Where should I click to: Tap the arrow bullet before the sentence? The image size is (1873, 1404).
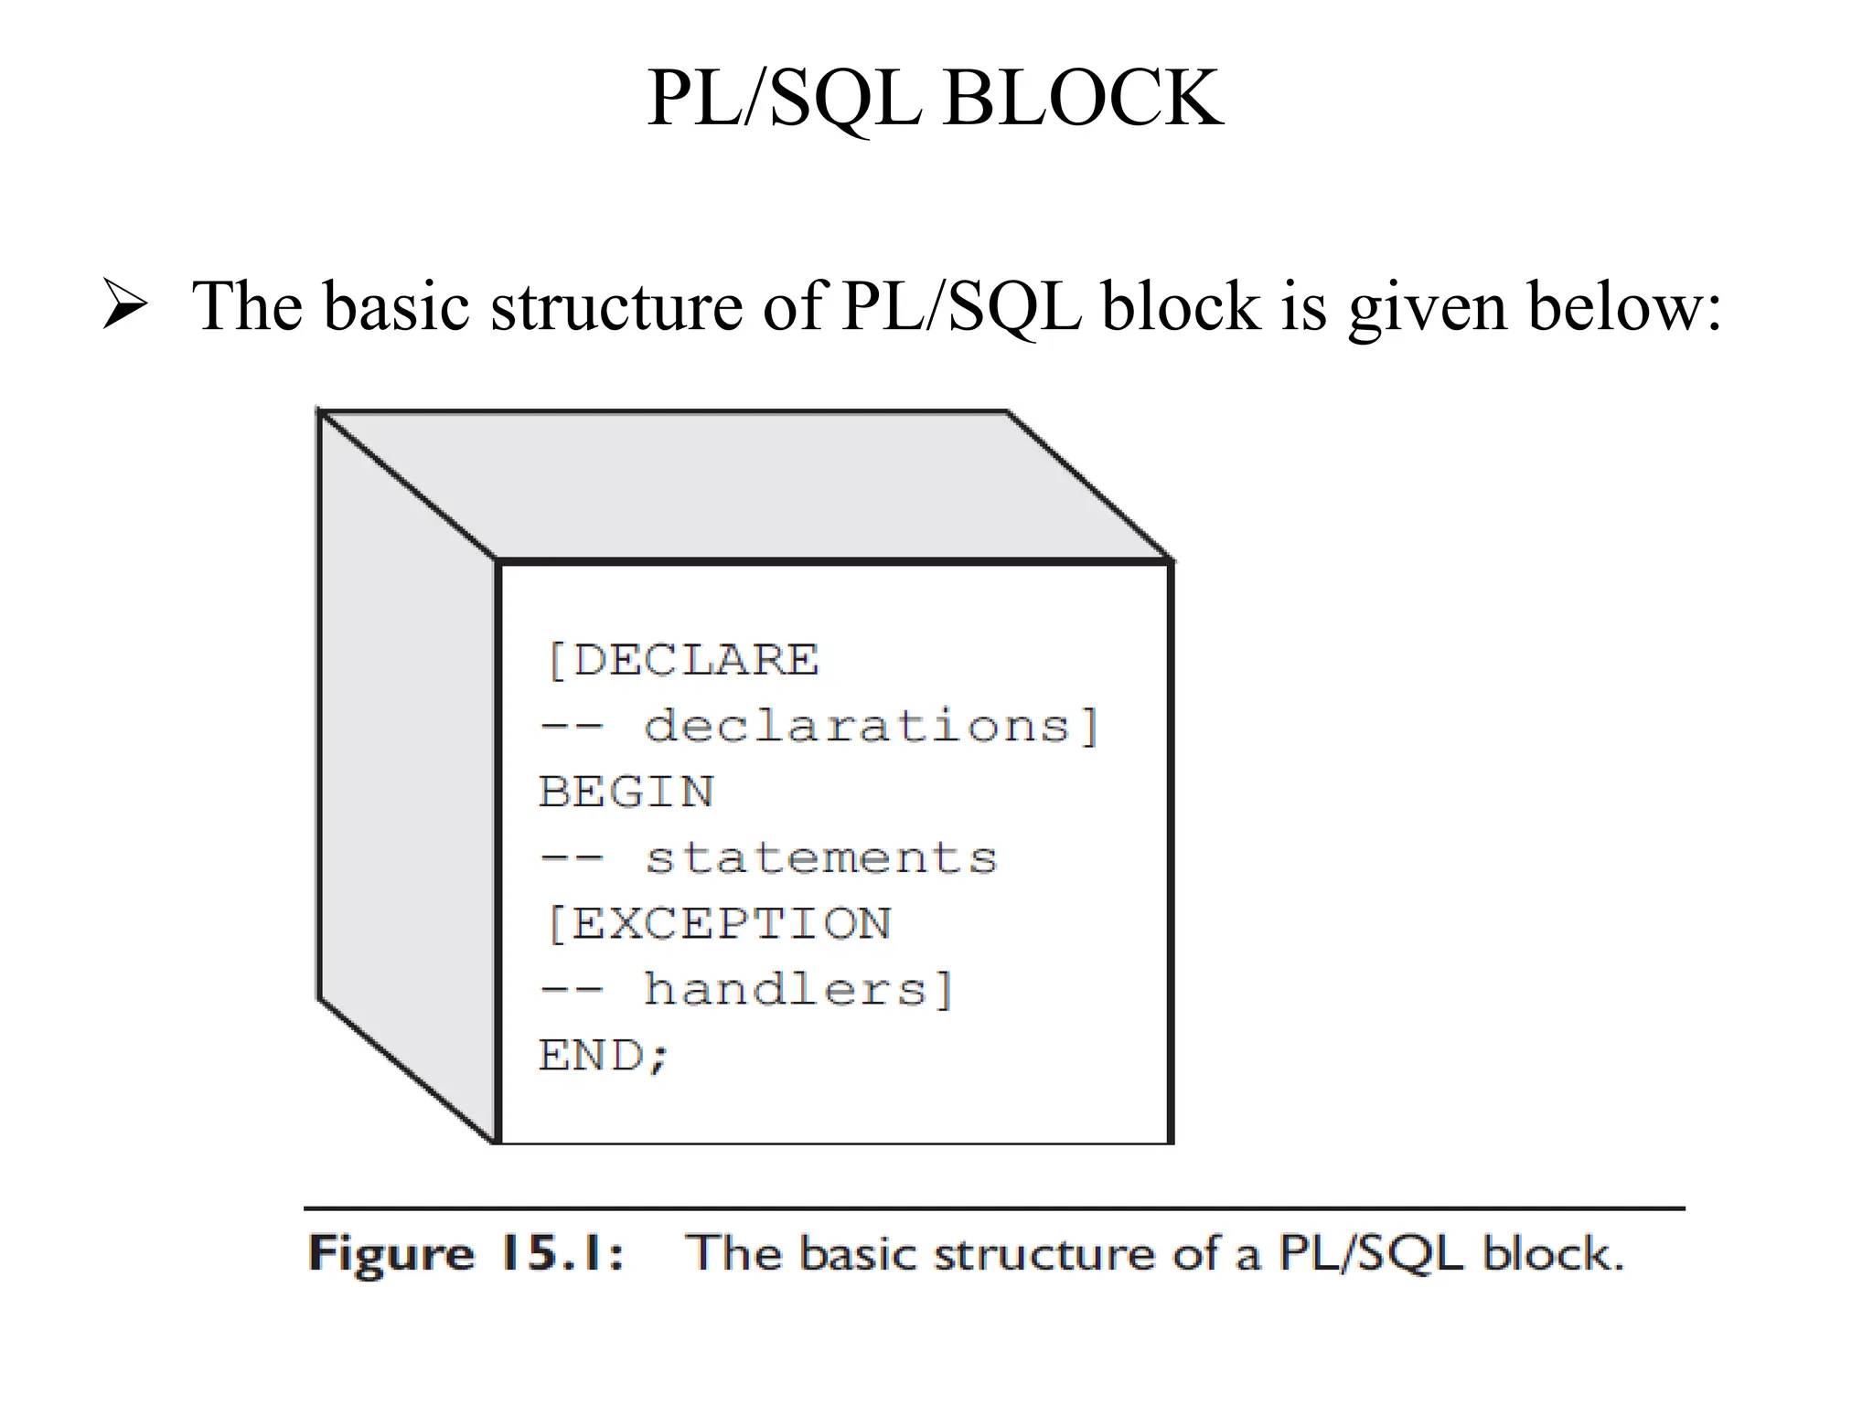tap(124, 305)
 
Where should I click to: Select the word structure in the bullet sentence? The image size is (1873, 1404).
tap(616, 305)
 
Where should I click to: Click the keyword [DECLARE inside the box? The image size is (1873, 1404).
tap(682, 660)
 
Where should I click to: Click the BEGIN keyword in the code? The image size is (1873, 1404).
tap(626, 792)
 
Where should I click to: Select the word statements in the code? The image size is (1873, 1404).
tap(821, 858)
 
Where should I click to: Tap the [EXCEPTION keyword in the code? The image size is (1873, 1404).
tap(719, 923)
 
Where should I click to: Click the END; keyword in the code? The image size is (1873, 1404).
tap(605, 1056)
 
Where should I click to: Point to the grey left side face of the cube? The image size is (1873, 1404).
tap(407, 777)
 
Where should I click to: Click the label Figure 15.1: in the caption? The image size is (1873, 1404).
tap(466, 1253)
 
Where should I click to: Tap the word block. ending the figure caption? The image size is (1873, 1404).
tap(1553, 1253)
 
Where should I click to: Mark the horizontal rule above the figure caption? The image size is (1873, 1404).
tap(994, 1208)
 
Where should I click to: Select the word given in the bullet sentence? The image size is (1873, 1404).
tap(1428, 307)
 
